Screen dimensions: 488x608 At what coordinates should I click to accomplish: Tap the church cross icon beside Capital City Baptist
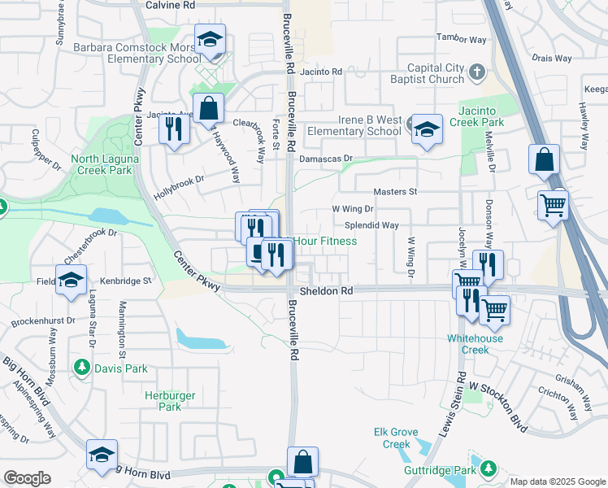click(x=477, y=74)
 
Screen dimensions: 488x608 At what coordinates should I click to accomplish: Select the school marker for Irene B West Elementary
click(x=427, y=130)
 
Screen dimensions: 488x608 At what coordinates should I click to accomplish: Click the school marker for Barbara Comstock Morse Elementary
click(x=210, y=41)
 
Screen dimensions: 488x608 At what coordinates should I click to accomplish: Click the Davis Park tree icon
click(x=82, y=368)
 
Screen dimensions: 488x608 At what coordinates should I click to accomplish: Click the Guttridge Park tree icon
click(x=488, y=469)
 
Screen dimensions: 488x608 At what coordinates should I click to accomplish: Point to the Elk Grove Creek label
click(x=396, y=438)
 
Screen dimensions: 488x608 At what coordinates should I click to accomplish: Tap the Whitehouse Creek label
click(x=475, y=343)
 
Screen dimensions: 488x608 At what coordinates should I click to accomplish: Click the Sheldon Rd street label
click(x=325, y=290)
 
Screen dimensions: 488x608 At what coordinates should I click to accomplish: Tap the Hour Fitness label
click(x=324, y=241)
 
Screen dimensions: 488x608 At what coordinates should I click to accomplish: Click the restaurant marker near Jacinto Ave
click(x=174, y=129)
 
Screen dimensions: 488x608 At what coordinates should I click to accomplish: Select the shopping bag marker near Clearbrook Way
click(x=209, y=109)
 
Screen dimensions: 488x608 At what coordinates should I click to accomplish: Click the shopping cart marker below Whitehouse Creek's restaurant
click(x=494, y=310)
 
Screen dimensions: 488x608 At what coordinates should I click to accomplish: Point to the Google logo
click(x=27, y=478)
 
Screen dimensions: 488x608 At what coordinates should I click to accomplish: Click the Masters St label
click(x=394, y=192)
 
